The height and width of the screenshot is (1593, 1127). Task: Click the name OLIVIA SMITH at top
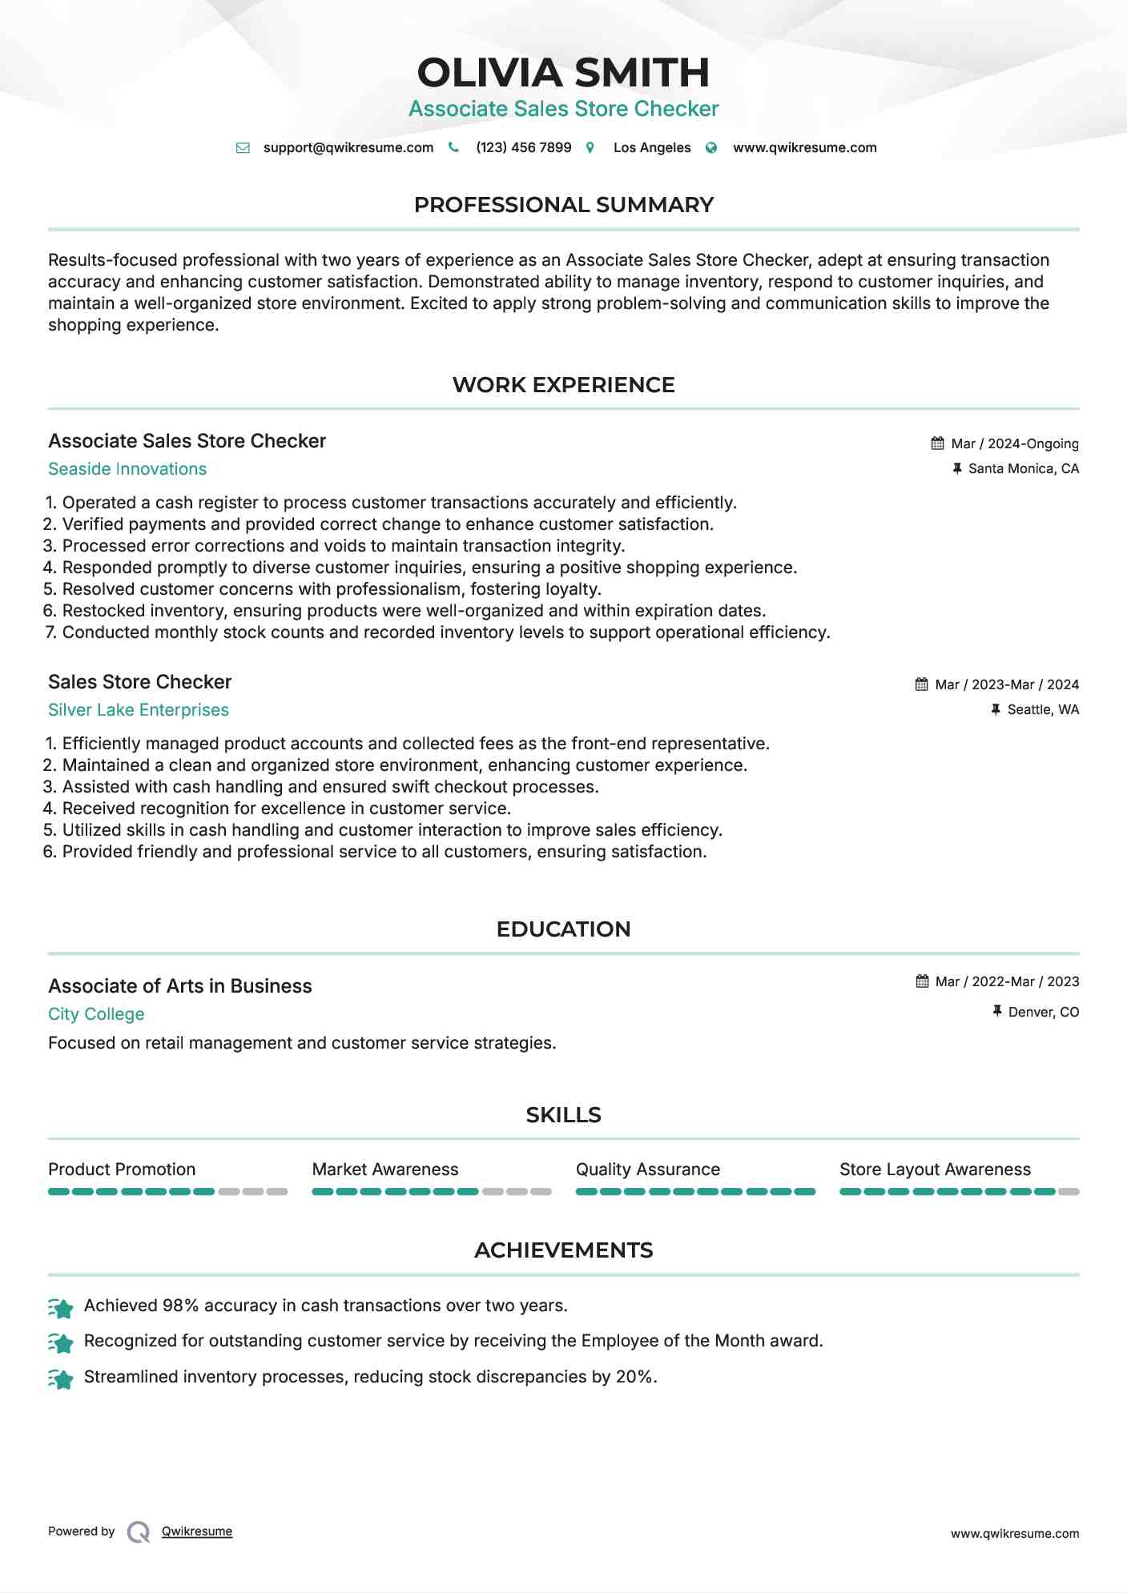coord(563,73)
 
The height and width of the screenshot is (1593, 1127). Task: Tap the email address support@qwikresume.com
coord(348,147)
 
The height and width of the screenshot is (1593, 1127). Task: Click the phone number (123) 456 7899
coord(523,147)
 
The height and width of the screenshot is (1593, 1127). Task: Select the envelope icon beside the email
coord(243,148)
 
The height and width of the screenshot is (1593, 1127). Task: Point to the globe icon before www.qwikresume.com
coord(711,148)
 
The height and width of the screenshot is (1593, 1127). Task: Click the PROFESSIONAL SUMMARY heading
coord(563,205)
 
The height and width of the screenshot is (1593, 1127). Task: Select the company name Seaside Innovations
coord(127,469)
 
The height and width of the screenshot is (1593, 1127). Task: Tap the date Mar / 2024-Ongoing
coord(1014,443)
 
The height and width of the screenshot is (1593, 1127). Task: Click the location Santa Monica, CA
coord(1023,468)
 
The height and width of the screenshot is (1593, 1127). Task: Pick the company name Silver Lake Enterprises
coord(139,710)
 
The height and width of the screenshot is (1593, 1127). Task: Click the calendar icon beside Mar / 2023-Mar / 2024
coord(922,684)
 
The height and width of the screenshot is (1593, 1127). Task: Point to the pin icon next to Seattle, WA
coord(996,709)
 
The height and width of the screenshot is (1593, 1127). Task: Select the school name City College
coord(96,1014)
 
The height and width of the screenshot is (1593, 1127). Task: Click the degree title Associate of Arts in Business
coord(180,986)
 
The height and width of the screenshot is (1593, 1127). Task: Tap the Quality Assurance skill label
coord(647,1170)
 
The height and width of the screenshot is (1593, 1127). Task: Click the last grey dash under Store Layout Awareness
coord(1069,1192)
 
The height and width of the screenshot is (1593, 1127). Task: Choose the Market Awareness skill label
coord(384,1170)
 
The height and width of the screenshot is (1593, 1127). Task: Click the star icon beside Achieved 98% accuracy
coord(61,1308)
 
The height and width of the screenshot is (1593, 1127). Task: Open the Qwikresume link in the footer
coord(197,1531)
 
